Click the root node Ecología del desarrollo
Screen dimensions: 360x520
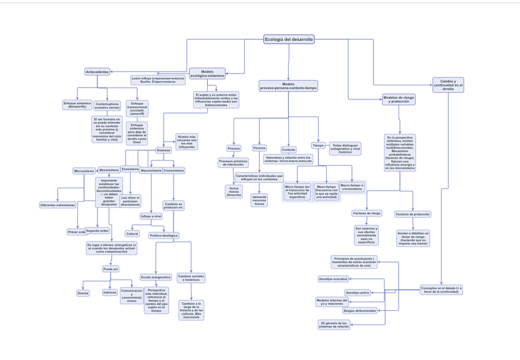289,39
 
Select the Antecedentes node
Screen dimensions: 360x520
97,72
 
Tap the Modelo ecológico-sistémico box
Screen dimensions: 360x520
207,74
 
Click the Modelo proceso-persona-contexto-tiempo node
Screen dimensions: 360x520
288,86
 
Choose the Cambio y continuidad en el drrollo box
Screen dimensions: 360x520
448,85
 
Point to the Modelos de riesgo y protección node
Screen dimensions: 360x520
399,99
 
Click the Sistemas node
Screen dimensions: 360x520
163,150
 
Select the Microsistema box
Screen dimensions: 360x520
84,171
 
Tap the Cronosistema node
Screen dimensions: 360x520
174,170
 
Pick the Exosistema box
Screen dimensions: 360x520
130,169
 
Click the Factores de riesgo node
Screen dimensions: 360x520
367,213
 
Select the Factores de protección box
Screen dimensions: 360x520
413,214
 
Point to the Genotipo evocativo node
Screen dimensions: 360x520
333,279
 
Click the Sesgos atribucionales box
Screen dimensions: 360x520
359,311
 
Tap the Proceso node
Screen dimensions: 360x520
234,148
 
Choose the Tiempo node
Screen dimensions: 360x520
318,145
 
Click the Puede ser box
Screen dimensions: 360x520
110,269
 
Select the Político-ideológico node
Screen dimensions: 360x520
164,236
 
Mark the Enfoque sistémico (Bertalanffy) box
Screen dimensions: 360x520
77,105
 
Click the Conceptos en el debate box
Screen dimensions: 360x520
442,289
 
